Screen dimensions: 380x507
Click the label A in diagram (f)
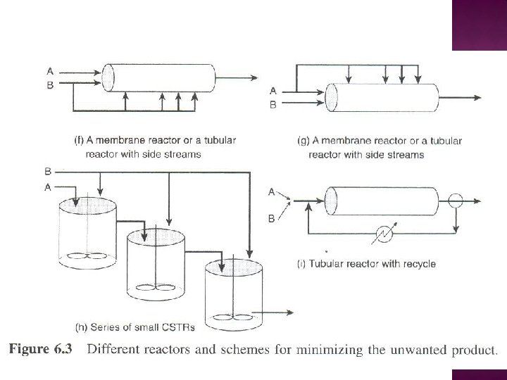49,70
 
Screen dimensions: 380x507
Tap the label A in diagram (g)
275,91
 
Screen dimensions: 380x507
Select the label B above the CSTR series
47,171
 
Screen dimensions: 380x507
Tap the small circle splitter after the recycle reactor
456,201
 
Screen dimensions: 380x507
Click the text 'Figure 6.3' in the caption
46,348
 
